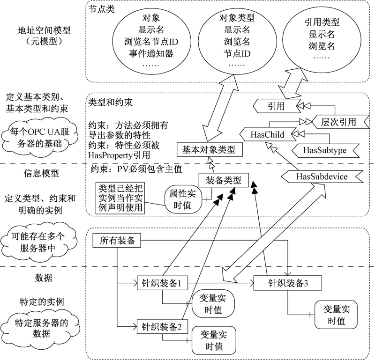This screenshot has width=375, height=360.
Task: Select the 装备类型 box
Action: point(224,180)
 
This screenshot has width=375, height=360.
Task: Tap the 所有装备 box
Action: point(117,241)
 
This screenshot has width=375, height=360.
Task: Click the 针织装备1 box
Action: point(162,283)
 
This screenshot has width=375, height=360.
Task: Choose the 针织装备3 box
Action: point(287,283)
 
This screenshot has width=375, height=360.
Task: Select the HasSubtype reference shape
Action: point(324,150)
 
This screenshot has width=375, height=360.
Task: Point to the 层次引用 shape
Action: point(338,122)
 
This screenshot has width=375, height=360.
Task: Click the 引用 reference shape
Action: point(276,106)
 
